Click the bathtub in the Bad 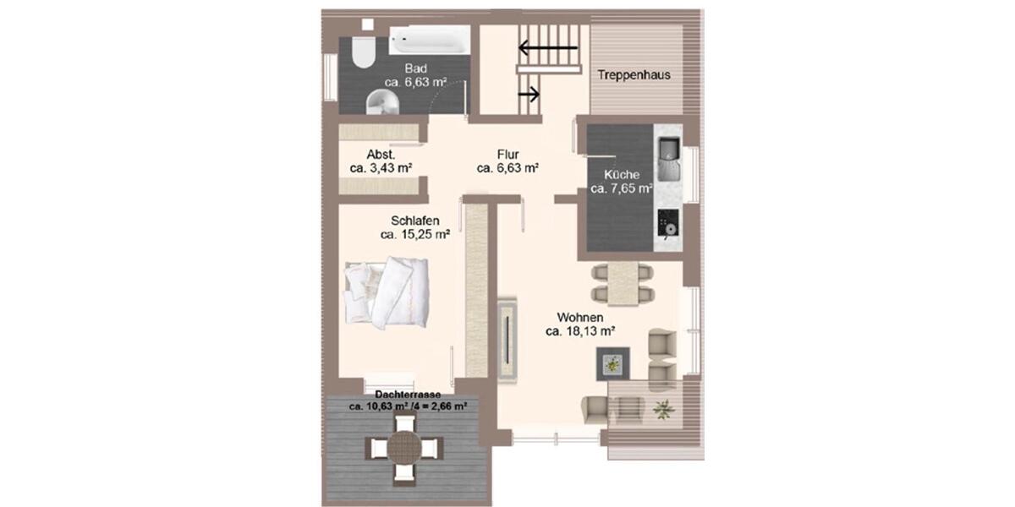[430, 39]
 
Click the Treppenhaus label [634, 74]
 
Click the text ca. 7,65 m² [621, 188]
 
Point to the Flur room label [507, 154]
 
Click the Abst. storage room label [381, 155]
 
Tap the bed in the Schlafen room [387, 292]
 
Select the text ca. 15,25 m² [414, 235]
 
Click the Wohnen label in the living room [579, 317]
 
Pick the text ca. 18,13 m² [579, 331]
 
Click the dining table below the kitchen [623, 283]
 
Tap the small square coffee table [611, 364]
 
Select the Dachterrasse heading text [409, 394]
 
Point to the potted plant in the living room [663, 408]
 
